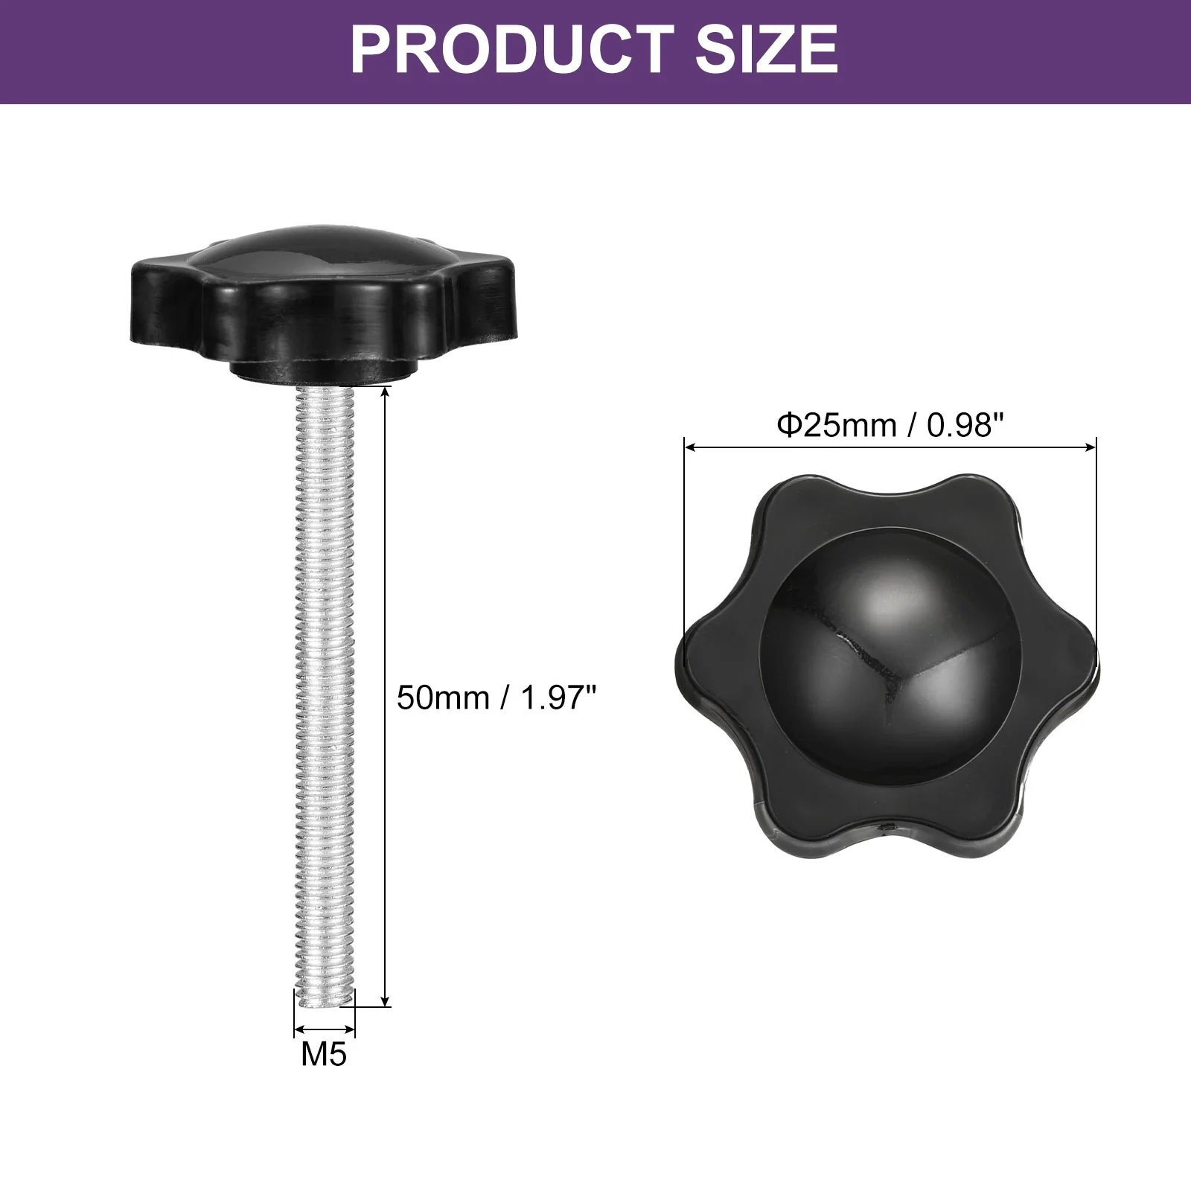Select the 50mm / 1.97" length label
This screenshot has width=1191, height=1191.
(496, 698)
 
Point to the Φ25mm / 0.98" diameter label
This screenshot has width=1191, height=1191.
(890, 425)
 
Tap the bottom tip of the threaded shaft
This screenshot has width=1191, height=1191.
(325, 1005)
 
